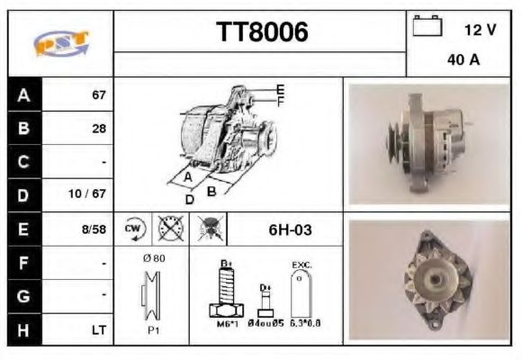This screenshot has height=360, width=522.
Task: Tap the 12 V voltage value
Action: pos(480,30)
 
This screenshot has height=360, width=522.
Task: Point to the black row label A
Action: pos(23,94)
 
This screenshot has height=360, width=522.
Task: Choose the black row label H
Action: pos(23,329)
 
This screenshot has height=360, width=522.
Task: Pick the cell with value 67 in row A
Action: pos(99,94)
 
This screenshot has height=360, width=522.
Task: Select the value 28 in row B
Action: pos(99,128)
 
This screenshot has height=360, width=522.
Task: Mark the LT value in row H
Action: pos(98,329)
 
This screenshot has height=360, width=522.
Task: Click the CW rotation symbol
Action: pos(133,229)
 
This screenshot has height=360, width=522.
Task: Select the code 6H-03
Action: pos(290,229)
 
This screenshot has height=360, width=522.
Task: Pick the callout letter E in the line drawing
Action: pos(280,89)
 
